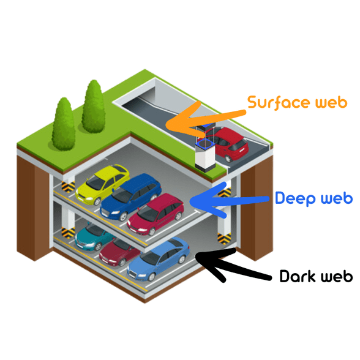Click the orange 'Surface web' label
[298, 103]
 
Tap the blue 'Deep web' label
[314, 198]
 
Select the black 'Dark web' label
[316, 276]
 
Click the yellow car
[102, 184]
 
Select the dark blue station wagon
[130, 197]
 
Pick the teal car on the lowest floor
[93, 237]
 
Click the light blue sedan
[159, 259]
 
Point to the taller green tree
[94, 107]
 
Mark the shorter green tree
[64, 124]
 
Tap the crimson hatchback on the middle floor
[156, 214]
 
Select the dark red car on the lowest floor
[119, 252]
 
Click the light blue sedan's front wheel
[151, 277]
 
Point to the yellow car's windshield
[95, 182]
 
